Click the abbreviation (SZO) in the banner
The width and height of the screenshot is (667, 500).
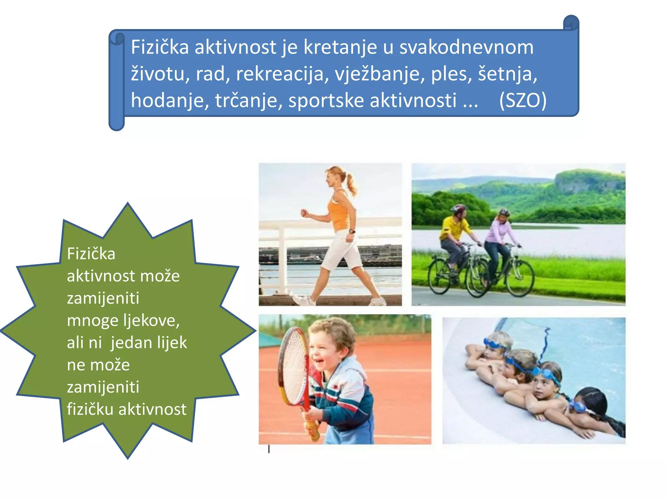pyautogui.click(x=523, y=100)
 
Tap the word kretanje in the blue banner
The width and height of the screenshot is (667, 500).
pyautogui.click(x=340, y=47)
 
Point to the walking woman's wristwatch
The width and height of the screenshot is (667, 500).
pyautogui.click(x=352, y=231)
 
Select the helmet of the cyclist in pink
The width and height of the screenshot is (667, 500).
pyautogui.click(x=504, y=212)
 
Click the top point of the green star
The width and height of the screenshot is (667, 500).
pyautogui.click(x=128, y=203)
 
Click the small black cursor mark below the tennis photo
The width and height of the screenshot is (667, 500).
pyautogui.click(x=269, y=449)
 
